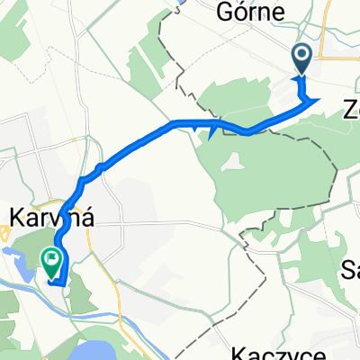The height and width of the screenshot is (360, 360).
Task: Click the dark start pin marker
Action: coord(301,60)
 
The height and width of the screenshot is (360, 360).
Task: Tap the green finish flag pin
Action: coord(52,263)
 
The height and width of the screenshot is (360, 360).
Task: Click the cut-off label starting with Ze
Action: coord(349,110)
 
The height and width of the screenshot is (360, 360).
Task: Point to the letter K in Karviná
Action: coord(15,217)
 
